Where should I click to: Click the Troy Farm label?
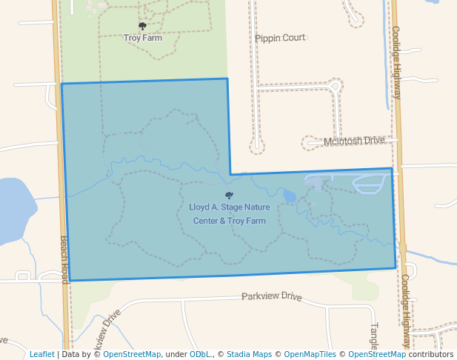point(143,38)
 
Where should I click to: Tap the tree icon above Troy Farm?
point(143,27)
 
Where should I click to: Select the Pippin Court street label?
point(280,38)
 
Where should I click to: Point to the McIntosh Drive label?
point(355,140)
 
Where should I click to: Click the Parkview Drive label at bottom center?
point(272,296)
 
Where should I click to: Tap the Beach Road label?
point(64,259)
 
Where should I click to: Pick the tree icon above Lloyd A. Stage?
point(229,196)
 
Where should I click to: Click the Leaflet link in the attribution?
point(42,354)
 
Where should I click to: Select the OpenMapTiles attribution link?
point(309,354)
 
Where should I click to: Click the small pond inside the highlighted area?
point(289,196)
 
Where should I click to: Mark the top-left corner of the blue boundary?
point(61,84)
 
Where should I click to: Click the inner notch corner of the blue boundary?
point(230,174)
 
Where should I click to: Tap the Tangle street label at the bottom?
point(374,337)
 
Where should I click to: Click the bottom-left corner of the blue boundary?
point(70,281)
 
